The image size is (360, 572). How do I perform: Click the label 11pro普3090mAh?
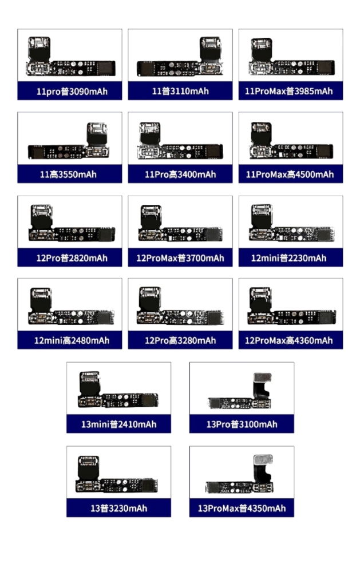tap(72, 91)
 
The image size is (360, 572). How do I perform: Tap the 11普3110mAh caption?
tap(180, 91)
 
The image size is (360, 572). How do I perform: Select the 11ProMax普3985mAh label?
tap(289, 91)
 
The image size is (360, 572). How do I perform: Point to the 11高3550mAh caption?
tap(68, 174)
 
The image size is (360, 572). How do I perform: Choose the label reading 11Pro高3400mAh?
tap(180, 174)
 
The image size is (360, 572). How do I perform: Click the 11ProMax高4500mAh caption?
tap(290, 174)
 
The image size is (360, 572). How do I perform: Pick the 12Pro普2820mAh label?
tap(72, 259)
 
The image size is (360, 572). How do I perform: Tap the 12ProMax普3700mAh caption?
tap(180, 259)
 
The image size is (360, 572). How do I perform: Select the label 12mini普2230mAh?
tap(289, 259)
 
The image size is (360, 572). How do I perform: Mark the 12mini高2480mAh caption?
tap(72, 341)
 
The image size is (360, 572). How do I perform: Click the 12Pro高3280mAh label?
tap(180, 341)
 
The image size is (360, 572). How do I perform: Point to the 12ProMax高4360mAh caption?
tap(289, 341)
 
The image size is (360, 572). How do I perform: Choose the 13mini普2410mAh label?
tap(118, 424)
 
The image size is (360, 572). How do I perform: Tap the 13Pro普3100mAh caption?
tap(242, 424)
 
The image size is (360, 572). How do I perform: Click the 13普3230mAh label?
tap(118, 509)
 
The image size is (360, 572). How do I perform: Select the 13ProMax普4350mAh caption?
tap(242, 509)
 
